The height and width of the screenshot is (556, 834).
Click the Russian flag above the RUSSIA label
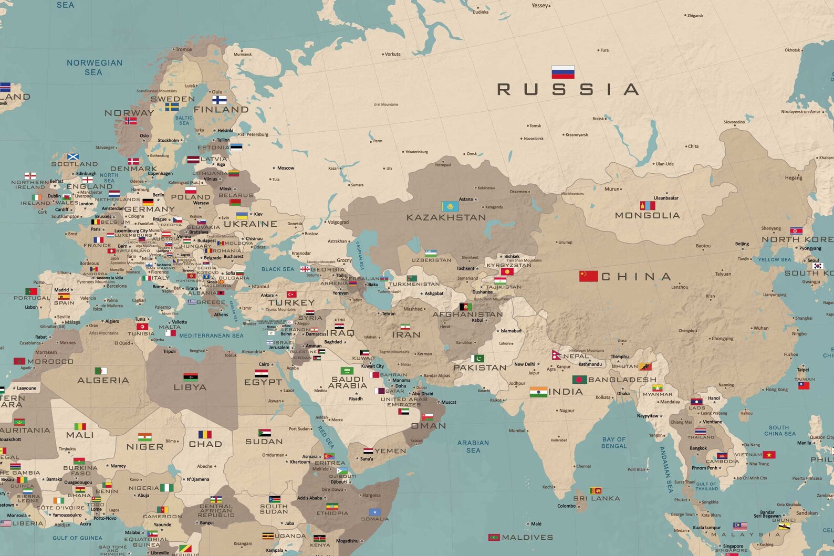tap(562, 72)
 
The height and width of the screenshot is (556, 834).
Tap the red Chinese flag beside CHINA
tap(588, 276)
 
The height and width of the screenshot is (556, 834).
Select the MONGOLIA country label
tap(647, 215)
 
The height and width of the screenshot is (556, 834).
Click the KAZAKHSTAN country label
tap(446, 217)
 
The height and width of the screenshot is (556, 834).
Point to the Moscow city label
tap(286, 168)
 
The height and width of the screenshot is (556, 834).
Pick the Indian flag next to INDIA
tap(538, 392)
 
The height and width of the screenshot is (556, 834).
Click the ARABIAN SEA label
tap(473, 446)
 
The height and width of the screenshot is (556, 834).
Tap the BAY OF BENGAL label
tap(614, 443)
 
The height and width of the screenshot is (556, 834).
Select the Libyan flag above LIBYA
tap(191, 376)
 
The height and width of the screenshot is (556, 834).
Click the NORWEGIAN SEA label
tap(94, 67)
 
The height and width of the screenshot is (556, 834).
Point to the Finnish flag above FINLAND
tap(220, 100)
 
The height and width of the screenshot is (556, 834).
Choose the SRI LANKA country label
tap(596, 498)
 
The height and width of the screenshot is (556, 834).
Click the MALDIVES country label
tap(527, 537)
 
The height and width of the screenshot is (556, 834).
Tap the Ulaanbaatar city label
tap(666, 198)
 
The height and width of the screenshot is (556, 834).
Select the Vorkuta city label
tap(392, 54)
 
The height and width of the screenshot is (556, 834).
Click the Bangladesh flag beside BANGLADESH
tap(579, 379)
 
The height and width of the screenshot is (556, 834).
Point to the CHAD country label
tap(205, 444)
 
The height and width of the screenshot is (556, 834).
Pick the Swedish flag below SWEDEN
tap(172, 107)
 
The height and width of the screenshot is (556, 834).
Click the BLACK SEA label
tap(278, 269)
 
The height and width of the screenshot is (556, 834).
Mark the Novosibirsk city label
tap(534, 139)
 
